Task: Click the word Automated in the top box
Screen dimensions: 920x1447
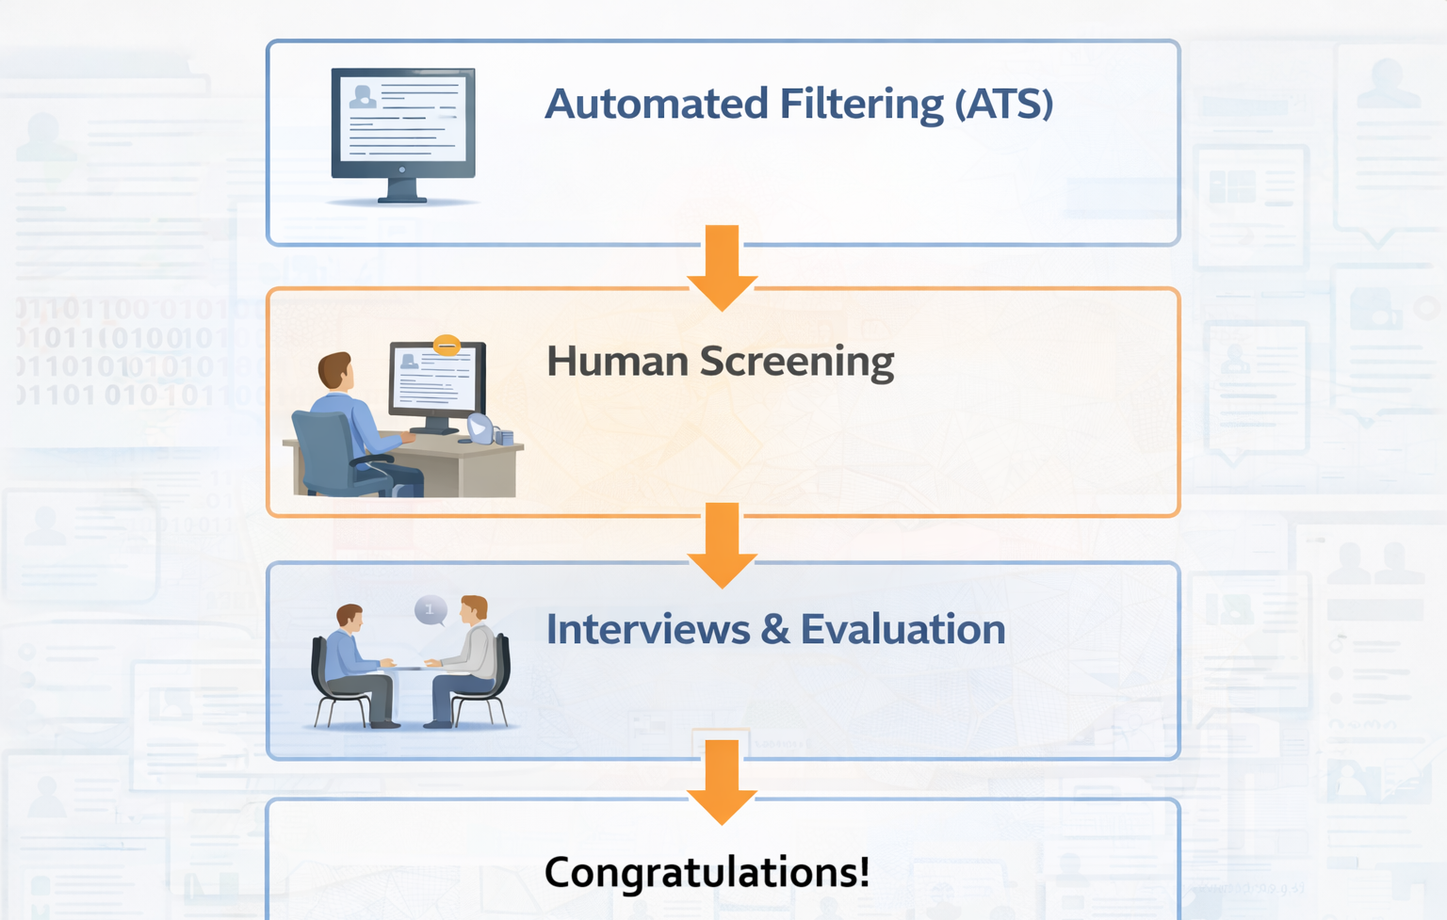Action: tap(656, 104)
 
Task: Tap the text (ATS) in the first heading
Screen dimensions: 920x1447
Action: tap(1003, 104)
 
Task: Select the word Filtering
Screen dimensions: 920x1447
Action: tap(861, 104)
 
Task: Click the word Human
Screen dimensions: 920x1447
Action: tap(617, 362)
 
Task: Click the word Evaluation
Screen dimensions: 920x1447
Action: tap(902, 629)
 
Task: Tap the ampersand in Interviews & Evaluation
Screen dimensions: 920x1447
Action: tap(775, 629)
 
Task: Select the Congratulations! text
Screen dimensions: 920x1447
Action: tap(707, 872)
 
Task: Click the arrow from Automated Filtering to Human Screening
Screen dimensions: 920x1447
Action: tap(722, 268)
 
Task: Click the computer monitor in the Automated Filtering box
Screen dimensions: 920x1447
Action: tap(403, 132)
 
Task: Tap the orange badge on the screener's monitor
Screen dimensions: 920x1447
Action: tap(447, 346)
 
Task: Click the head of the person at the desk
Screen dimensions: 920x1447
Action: tap(334, 369)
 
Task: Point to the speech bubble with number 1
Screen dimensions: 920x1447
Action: tap(431, 610)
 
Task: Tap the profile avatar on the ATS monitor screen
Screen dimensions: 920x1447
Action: tap(362, 96)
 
